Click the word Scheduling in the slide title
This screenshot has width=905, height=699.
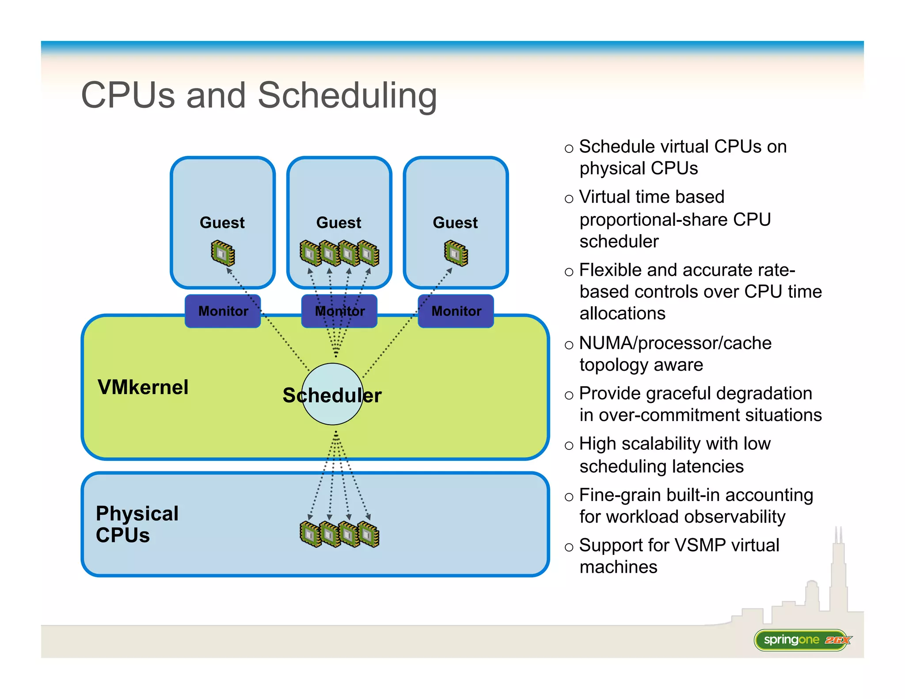[x=347, y=95]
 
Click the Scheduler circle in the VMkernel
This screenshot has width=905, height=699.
[x=332, y=395]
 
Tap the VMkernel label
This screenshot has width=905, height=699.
[x=143, y=387]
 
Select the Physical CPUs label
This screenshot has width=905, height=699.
[x=137, y=524]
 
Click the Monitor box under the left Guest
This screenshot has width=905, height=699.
[x=223, y=311]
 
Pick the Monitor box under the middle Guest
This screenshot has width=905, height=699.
[x=339, y=311]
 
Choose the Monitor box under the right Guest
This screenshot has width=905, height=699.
[x=456, y=311]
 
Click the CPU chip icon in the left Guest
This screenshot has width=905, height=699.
[x=223, y=253]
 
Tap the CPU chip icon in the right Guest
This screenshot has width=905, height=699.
[x=456, y=253]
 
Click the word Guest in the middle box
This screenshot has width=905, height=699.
[x=339, y=223]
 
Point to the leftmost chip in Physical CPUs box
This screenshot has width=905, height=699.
[x=310, y=534]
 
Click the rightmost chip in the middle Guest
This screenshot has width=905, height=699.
[x=369, y=253]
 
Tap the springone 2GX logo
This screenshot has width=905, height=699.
[x=802, y=640]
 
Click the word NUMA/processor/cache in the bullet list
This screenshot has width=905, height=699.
[x=675, y=343]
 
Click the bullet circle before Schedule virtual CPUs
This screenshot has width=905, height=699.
[x=569, y=149]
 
